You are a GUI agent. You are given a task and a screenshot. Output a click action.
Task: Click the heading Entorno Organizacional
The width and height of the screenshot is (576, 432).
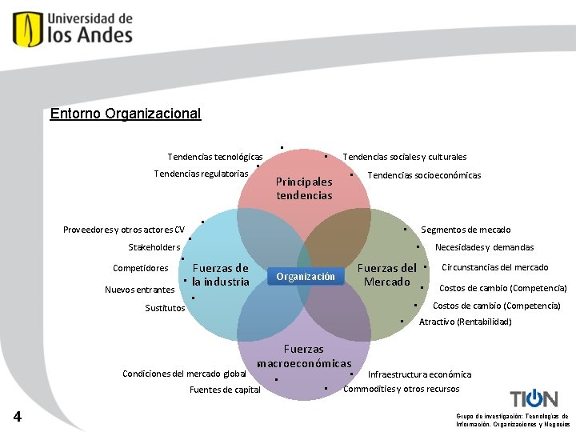pyautogui.click(x=126, y=114)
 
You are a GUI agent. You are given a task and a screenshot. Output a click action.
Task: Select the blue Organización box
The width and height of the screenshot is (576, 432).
pyautogui.click(x=306, y=277)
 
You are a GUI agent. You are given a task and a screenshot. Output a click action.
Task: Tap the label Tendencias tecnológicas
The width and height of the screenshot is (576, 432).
pyautogui.click(x=215, y=157)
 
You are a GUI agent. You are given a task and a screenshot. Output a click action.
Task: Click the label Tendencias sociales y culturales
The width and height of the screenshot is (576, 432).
pyautogui.click(x=404, y=158)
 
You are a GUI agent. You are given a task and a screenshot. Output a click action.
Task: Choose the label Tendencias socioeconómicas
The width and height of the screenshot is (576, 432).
pyautogui.click(x=424, y=175)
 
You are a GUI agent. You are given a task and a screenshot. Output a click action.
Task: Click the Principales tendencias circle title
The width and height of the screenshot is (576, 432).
pyautogui.click(x=304, y=188)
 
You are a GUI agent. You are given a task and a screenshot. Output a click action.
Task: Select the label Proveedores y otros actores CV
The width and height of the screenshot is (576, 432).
pyautogui.click(x=124, y=230)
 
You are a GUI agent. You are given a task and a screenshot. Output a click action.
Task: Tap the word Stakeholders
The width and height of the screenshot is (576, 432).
pyautogui.click(x=154, y=247)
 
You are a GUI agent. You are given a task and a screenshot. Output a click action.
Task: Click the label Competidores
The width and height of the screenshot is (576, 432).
pyautogui.click(x=141, y=268)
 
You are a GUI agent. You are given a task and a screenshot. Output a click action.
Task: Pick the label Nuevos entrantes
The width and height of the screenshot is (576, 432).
pyautogui.click(x=139, y=290)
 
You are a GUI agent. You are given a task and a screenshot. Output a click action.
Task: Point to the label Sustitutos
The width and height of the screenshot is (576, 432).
pyautogui.click(x=165, y=308)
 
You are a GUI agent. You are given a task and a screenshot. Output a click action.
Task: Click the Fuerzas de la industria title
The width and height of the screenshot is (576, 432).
pyautogui.click(x=221, y=274)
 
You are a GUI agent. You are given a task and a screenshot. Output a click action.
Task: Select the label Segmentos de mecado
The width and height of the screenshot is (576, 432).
pyautogui.click(x=466, y=230)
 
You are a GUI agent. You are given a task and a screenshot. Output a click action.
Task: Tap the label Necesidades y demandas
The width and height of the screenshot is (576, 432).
pyautogui.click(x=484, y=247)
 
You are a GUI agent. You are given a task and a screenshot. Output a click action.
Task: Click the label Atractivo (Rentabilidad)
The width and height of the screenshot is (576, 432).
pyautogui.click(x=465, y=322)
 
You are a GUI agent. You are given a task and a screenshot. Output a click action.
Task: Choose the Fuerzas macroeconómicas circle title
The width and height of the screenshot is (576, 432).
pyautogui.click(x=304, y=356)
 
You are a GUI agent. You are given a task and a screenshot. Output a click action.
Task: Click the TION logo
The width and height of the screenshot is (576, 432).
pyautogui.click(x=534, y=398)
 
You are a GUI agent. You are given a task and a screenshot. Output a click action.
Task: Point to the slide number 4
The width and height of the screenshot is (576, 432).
pyautogui.click(x=18, y=416)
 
